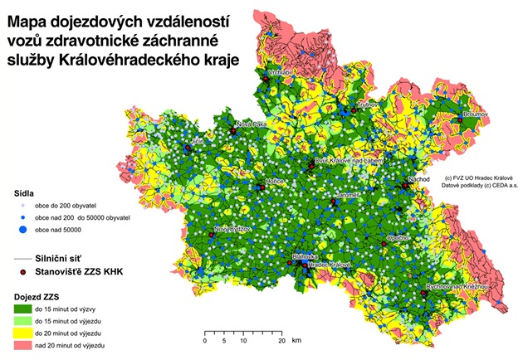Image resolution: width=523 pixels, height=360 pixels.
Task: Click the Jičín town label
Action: pyautogui.click(x=196, y=142)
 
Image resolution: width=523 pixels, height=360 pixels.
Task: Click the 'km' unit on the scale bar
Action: pyautogui.click(x=296, y=341)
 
